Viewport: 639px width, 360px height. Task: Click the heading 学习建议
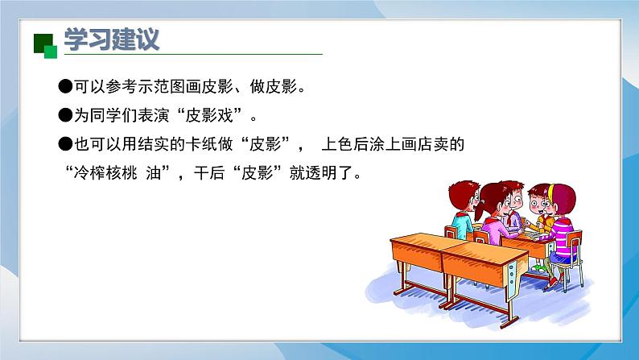(x=111, y=39)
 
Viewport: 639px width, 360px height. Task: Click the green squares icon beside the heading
(x=45, y=46)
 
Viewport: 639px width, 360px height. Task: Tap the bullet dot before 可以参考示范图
(x=65, y=86)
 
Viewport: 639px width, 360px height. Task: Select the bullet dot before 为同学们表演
(x=65, y=115)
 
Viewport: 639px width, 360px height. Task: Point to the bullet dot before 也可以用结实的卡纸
(x=65, y=144)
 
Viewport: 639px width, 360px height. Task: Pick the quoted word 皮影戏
(x=209, y=115)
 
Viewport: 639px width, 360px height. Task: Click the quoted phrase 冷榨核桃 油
(x=117, y=173)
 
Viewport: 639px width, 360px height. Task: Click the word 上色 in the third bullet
(x=337, y=144)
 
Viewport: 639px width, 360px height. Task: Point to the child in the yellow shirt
(x=539, y=209)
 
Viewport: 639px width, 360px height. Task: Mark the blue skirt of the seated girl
(x=561, y=258)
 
